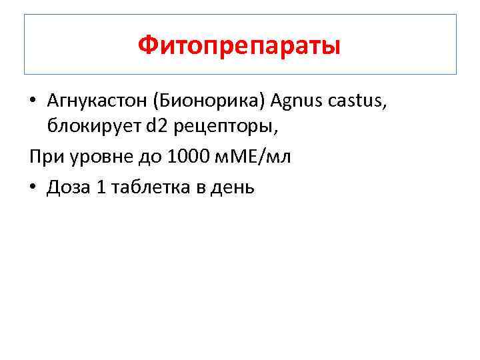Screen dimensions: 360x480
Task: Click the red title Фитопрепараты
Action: [240, 45]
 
